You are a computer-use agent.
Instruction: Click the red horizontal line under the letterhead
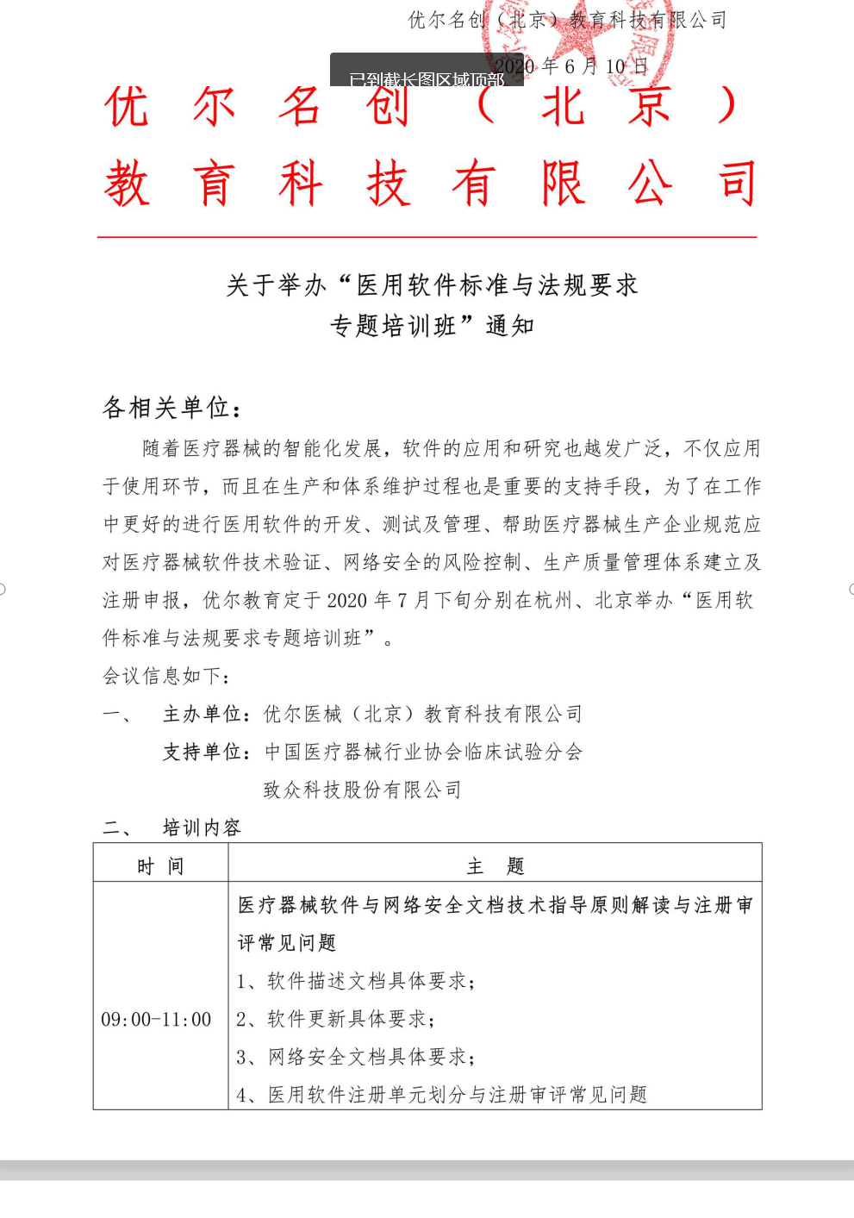(x=427, y=237)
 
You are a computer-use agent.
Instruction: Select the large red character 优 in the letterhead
(x=127, y=107)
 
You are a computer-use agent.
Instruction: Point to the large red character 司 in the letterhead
(x=737, y=183)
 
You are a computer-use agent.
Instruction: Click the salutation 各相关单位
(x=171, y=407)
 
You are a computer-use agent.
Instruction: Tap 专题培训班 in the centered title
(x=393, y=326)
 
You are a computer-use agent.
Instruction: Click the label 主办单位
(x=202, y=714)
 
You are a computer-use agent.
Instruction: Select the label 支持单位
(x=202, y=752)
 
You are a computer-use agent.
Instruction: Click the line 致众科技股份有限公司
(x=363, y=790)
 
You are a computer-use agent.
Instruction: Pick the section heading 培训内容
(x=202, y=828)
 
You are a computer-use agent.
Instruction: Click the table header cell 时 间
(x=160, y=866)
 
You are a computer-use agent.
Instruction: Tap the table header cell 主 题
(x=495, y=866)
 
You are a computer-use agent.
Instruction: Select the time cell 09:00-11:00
(x=156, y=1020)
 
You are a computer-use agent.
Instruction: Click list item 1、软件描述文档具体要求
(x=355, y=981)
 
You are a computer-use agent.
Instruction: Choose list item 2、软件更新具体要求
(x=335, y=1019)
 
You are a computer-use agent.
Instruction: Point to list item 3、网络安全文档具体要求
(x=355, y=1057)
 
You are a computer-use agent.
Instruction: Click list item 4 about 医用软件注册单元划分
(x=441, y=1095)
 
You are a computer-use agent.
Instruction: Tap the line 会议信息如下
(x=166, y=676)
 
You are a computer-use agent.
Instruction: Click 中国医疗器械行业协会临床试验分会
(x=423, y=752)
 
